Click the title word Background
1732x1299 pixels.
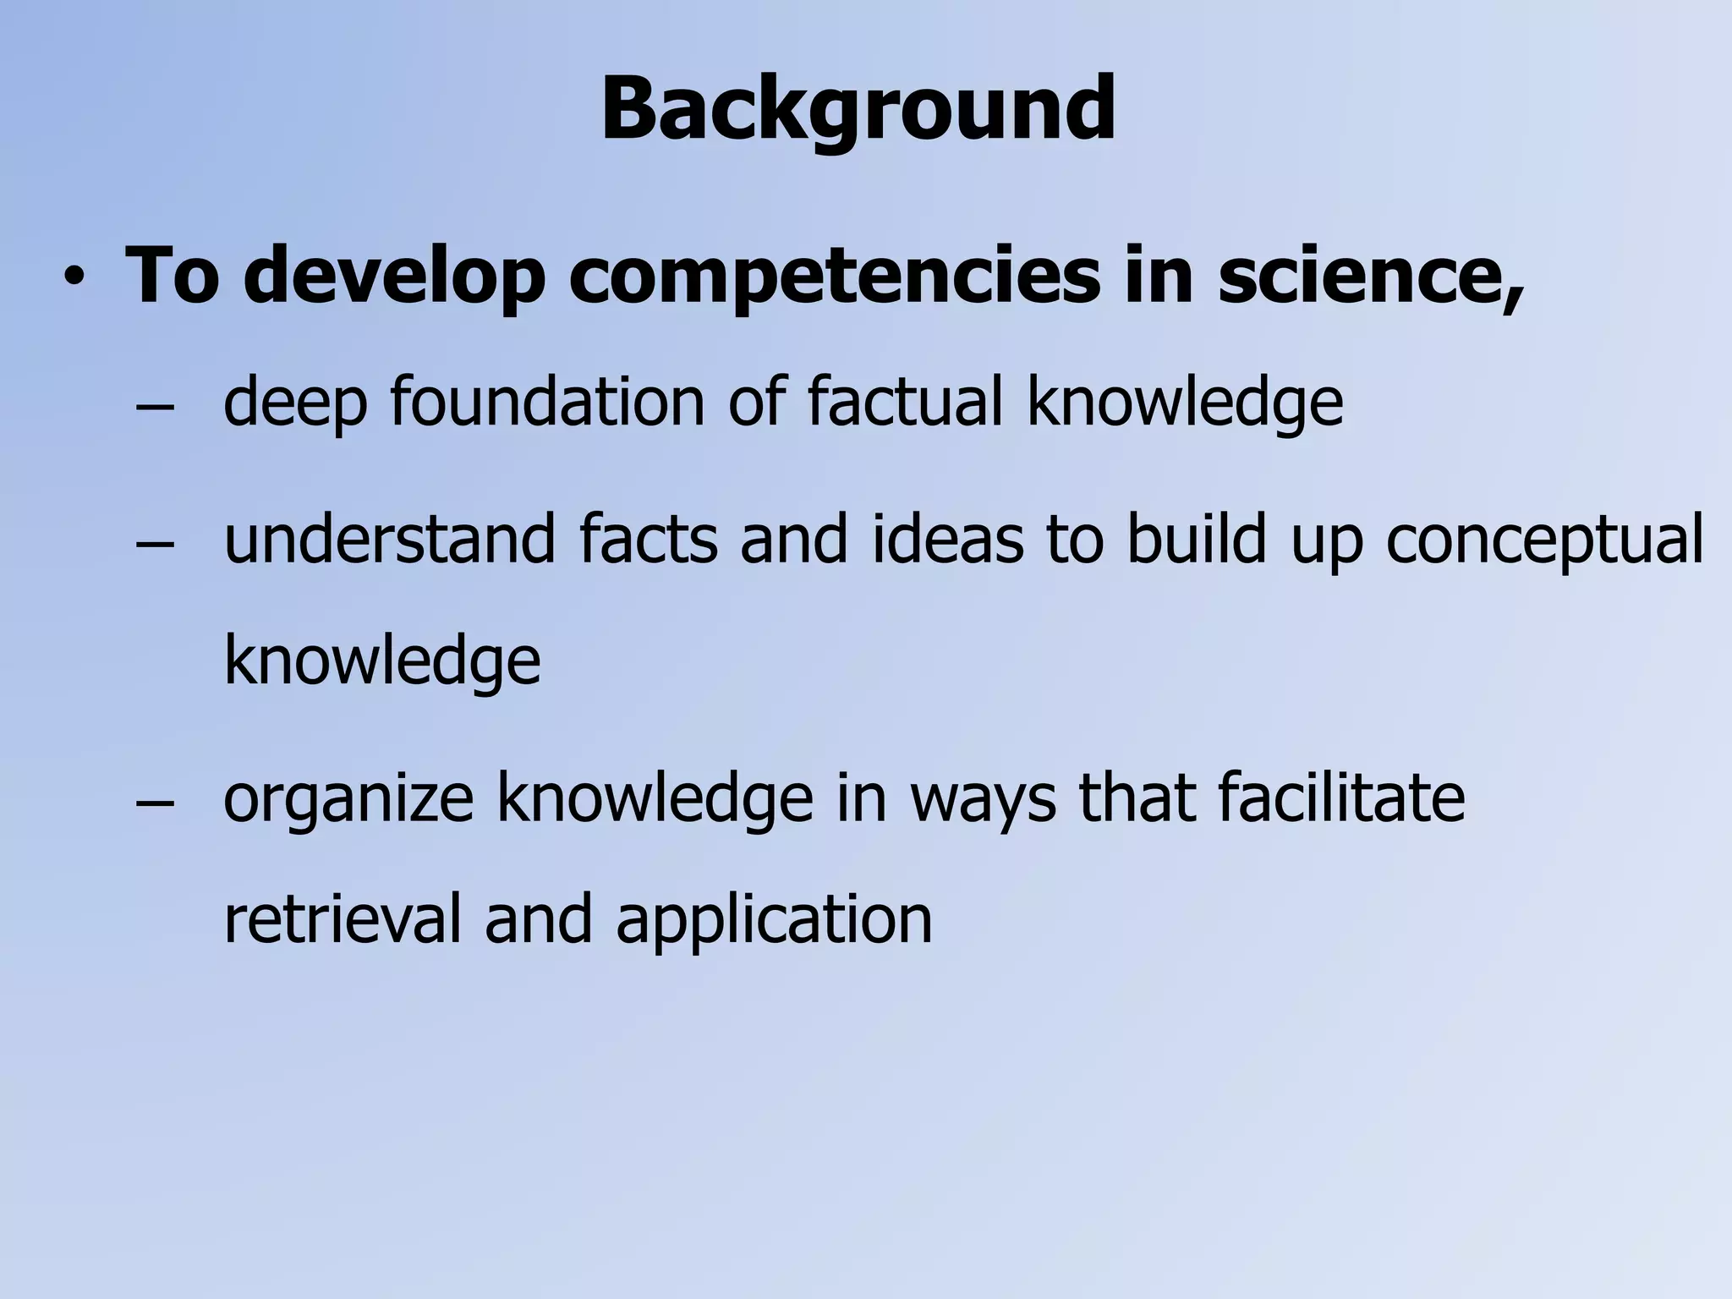858,110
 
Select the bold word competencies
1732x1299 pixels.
833,275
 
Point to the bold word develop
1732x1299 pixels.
393,275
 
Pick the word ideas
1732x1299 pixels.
948,539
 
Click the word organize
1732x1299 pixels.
348,799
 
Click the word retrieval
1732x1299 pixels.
343,919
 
